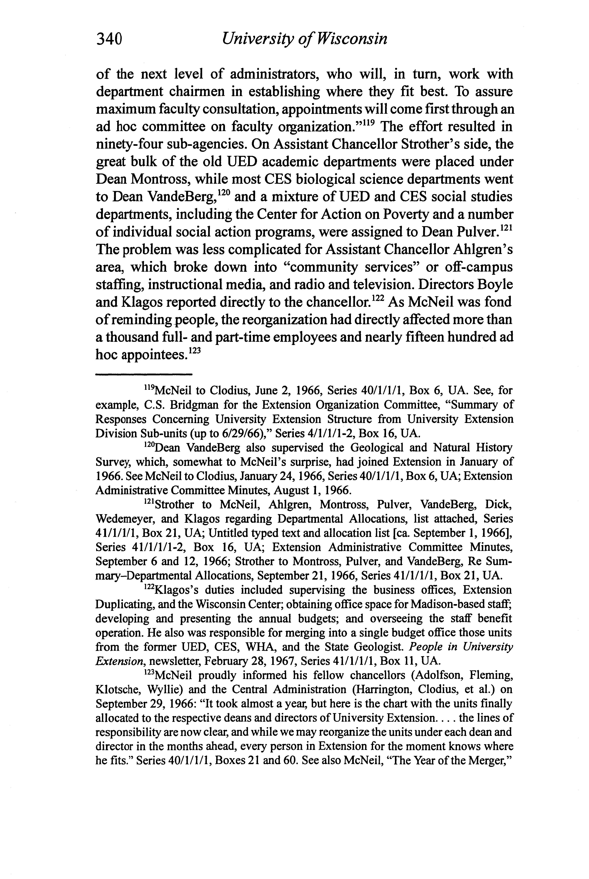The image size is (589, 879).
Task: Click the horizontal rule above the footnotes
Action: point(144,375)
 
